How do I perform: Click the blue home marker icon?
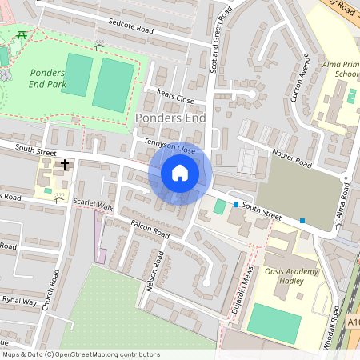[180, 172]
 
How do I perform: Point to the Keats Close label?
[176, 97]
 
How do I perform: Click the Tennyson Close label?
[170, 148]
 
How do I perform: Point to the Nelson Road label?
[154, 270]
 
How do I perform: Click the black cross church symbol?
[63, 164]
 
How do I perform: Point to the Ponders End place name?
[171, 118]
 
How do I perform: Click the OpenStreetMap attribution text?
[81, 354]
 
